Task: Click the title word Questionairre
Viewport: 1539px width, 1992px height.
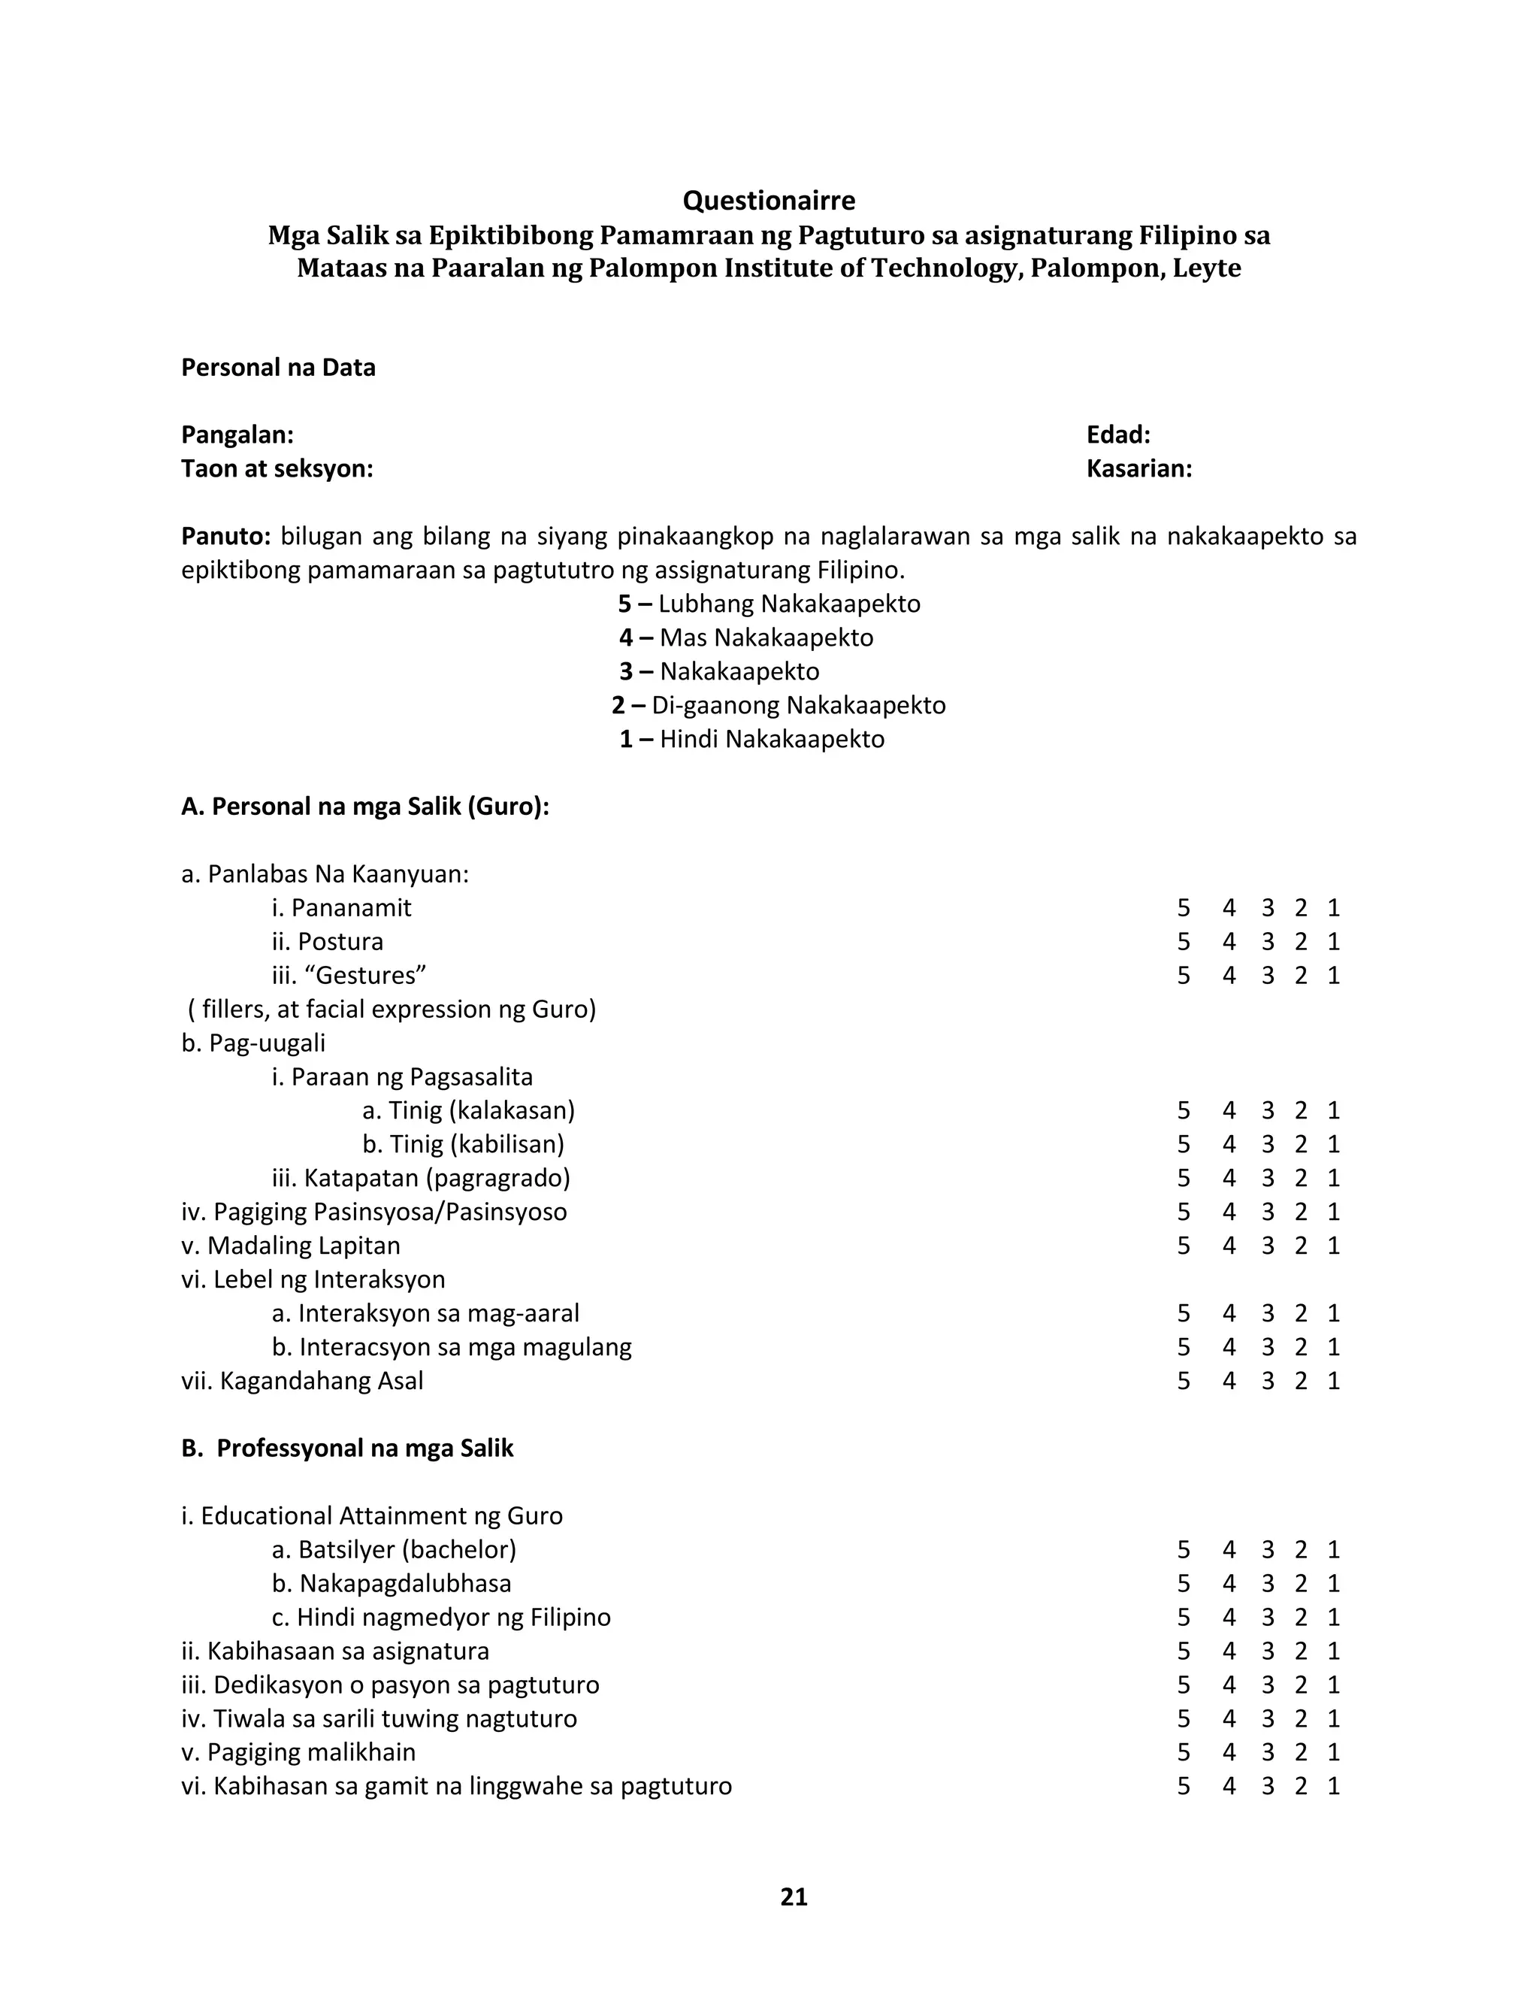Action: pyautogui.click(x=769, y=201)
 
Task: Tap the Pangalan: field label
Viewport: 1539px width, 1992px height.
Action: pyautogui.click(x=237, y=435)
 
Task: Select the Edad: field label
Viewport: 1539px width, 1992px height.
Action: pyautogui.click(x=1117, y=435)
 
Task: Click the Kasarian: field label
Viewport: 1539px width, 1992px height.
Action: pyautogui.click(x=1138, y=469)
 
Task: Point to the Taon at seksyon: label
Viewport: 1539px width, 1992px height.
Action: pyautogui.click(x=277, y=469)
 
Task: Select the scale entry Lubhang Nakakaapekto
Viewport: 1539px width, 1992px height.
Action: pyautogui.click(x=788, y=604)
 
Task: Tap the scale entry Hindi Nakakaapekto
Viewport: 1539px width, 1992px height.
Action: pyautogui.click(x=771, y=739)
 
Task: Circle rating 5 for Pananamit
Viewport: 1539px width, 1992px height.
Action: pyautogui.click(x=1184, y=909)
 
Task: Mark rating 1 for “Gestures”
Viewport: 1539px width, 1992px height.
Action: pyautogui.click(x=1334, y=976)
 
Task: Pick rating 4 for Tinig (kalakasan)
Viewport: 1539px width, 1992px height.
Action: pyautogui.click(x=1229, y=1111)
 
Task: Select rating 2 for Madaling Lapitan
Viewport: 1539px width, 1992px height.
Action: pyautogui.click(x=1301, y=1246)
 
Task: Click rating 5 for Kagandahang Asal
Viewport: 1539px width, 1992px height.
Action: pyautogui.click(x=1184, y=1381)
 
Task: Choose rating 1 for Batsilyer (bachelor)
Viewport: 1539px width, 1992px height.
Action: pyautogui.click(x=1334, y=1550)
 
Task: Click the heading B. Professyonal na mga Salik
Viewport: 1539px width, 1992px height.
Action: pyautogui.click(x=347, y=1449)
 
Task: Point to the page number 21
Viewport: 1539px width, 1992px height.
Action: pyautogui.click(x=794, y=1897)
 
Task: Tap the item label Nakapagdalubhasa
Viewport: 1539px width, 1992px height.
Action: pyautogui.click(x=405, y=1583)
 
